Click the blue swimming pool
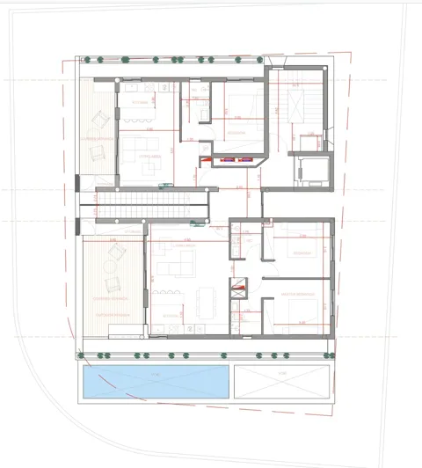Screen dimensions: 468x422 coord(156,381)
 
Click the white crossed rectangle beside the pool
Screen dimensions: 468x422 coord(284,381)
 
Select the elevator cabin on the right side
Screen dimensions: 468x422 coord(311,166)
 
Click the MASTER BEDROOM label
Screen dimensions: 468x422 coord(293,294)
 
